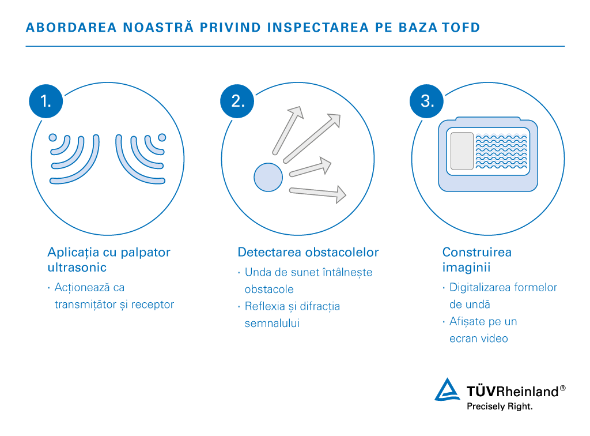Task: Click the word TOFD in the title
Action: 461,28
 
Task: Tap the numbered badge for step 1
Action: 46,101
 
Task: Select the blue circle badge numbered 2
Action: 237,101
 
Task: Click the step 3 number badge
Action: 427,101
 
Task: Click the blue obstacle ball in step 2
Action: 268,177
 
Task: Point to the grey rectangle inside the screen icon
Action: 462,151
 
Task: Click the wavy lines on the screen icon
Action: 502,151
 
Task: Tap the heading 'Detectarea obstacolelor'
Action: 308,252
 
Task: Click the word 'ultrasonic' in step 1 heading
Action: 77,268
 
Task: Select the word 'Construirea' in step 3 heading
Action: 477,252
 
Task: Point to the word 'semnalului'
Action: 272,323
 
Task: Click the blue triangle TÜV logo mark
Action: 447,390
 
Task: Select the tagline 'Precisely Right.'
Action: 500,407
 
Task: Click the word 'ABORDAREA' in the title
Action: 71,28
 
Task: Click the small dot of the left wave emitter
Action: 53,137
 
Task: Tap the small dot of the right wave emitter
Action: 162,137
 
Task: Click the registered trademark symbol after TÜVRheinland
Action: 562,388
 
